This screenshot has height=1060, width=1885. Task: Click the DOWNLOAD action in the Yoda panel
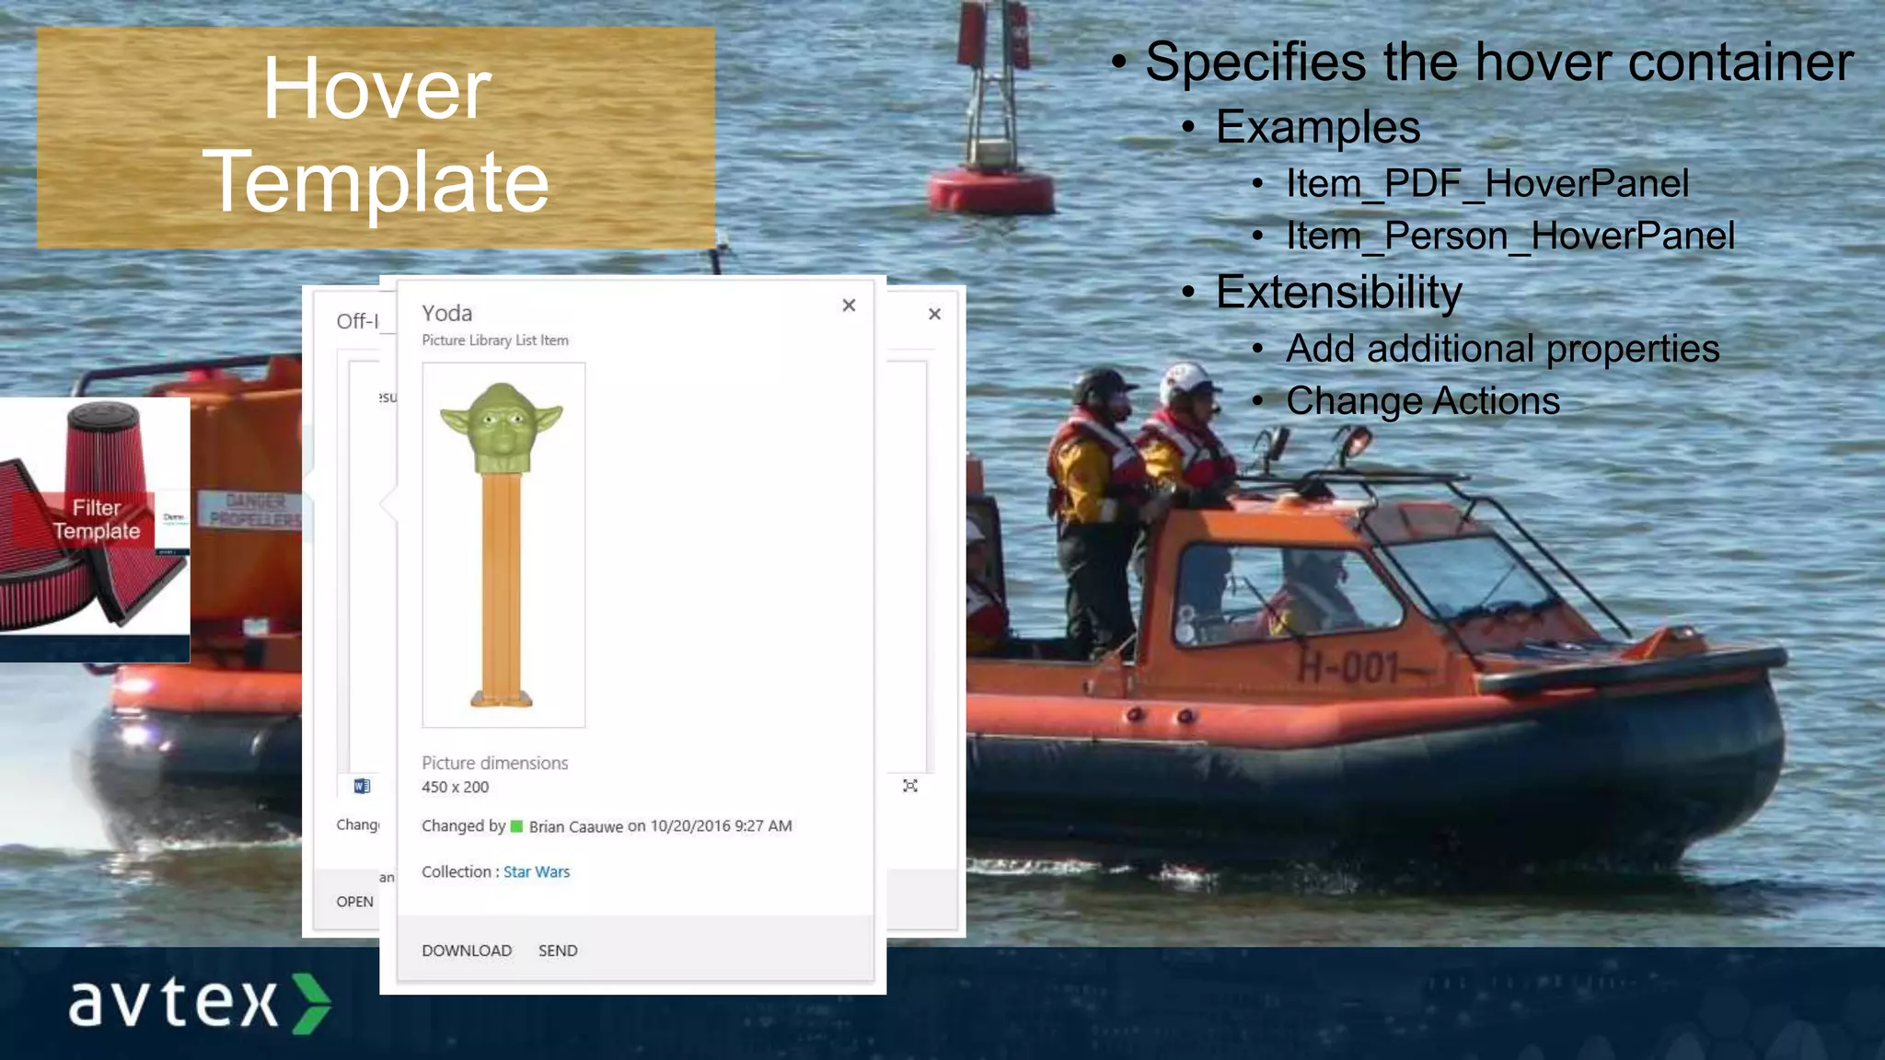467,951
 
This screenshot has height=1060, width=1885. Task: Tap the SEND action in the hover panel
558,951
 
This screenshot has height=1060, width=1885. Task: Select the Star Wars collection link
537,871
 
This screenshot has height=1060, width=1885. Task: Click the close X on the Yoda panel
849,305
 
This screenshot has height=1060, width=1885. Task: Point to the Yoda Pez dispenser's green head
502,428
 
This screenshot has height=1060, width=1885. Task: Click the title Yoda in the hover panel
447,314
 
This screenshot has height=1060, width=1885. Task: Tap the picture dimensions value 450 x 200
456,787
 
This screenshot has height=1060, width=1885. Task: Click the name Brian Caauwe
576,826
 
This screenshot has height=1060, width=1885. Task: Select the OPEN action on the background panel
354,902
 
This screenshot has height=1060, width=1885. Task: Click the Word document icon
362,786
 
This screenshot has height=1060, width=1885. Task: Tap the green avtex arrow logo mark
311,1003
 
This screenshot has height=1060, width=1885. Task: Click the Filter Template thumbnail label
97,519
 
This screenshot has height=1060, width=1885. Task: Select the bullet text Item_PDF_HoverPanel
1486,183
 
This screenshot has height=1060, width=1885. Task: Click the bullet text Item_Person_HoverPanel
1509,236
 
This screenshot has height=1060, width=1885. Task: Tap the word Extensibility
1338,292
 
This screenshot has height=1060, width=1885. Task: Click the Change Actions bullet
1422,400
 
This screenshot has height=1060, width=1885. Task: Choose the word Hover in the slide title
376,88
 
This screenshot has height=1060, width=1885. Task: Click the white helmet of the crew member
1185,381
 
